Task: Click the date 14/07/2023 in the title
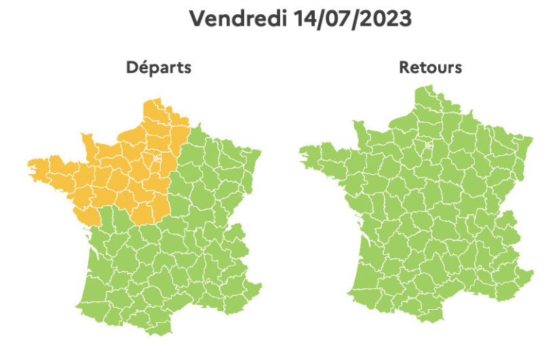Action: tap(353, 18)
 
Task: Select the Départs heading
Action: tap(158, 68)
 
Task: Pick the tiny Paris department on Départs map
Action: tap(156, 158)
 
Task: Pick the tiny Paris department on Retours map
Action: tap(427, 144)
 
